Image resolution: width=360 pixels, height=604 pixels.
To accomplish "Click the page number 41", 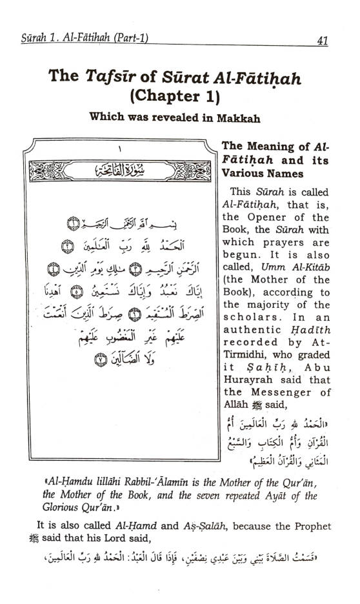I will [x=323, y=41].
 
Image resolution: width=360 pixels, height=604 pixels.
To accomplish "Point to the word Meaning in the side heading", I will [x=275, y=146].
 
